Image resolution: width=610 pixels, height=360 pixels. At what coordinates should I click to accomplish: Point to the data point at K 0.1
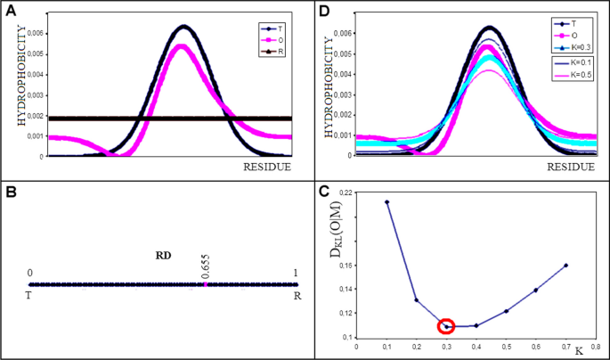click(386, 202)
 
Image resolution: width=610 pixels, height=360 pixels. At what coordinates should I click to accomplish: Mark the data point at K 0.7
click(565, 266)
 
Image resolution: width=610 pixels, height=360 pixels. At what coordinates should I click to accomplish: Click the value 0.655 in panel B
click(205, 266)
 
